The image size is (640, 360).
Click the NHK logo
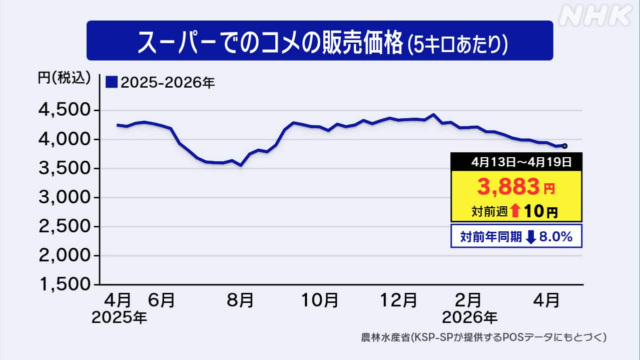point(595,17)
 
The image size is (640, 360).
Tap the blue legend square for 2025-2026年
point(112,82)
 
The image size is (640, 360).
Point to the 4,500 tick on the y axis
point(65,111)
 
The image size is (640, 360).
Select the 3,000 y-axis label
point(65,198)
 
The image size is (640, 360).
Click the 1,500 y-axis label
point(65,285)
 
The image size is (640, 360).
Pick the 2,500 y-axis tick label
point(65,227)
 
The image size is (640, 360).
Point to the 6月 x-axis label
point(162,300)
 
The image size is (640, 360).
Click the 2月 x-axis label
point(469,300)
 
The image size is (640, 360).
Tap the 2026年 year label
point(470,317)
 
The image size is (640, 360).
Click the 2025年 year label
point(119,317)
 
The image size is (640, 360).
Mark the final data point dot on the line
point(564,146)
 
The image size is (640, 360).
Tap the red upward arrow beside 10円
point(515,211)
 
